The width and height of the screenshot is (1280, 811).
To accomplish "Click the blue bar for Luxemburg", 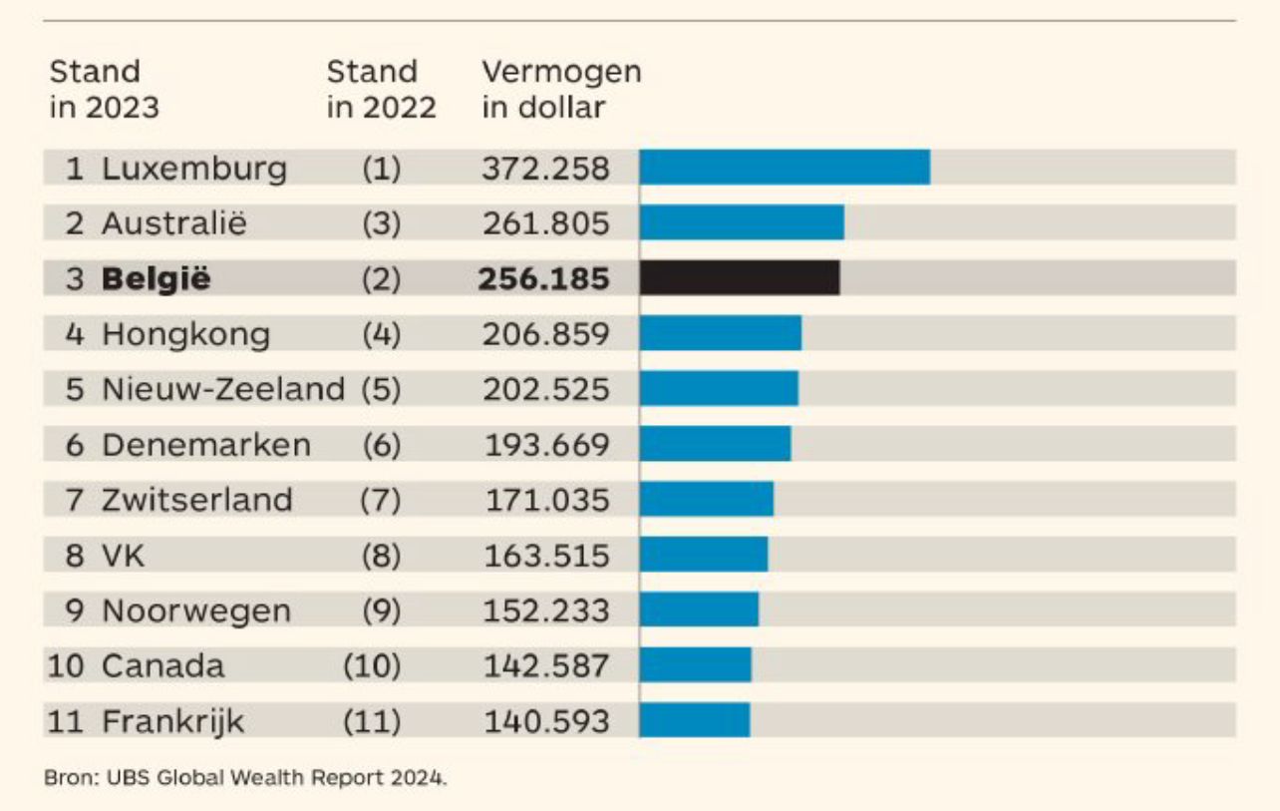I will coord(785,168).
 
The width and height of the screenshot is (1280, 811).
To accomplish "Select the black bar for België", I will coord(739,278).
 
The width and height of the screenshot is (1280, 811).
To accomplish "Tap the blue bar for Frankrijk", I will coord(694,720).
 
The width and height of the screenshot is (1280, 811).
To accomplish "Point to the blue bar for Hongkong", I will coord(720,333).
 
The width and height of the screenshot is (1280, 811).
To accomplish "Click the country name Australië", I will coord(173,223).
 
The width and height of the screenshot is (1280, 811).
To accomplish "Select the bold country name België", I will coord(157,279).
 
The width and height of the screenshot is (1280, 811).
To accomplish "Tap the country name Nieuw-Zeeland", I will coord(223,389).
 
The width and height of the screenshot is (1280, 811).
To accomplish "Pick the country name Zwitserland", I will coord(197,499).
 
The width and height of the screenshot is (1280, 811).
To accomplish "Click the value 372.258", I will coord(545,169).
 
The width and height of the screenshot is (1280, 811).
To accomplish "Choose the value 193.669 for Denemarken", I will coord(546,444).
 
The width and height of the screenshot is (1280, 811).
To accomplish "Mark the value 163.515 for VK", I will coord(546,555).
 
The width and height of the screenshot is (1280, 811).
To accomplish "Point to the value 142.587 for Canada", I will coord(546,665).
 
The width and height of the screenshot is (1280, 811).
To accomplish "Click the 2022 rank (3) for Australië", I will coord(381,223).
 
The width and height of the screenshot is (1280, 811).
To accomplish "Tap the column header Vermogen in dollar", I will coord(561,89).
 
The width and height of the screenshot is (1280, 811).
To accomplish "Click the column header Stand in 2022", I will coord(382,89).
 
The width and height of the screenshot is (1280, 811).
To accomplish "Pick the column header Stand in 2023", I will coord(104,89).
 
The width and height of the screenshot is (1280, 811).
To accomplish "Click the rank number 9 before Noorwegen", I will coord(76,609).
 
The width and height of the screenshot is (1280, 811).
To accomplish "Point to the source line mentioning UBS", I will coord(245,778).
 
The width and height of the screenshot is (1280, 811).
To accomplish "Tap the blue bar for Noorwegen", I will coord(699,609).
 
